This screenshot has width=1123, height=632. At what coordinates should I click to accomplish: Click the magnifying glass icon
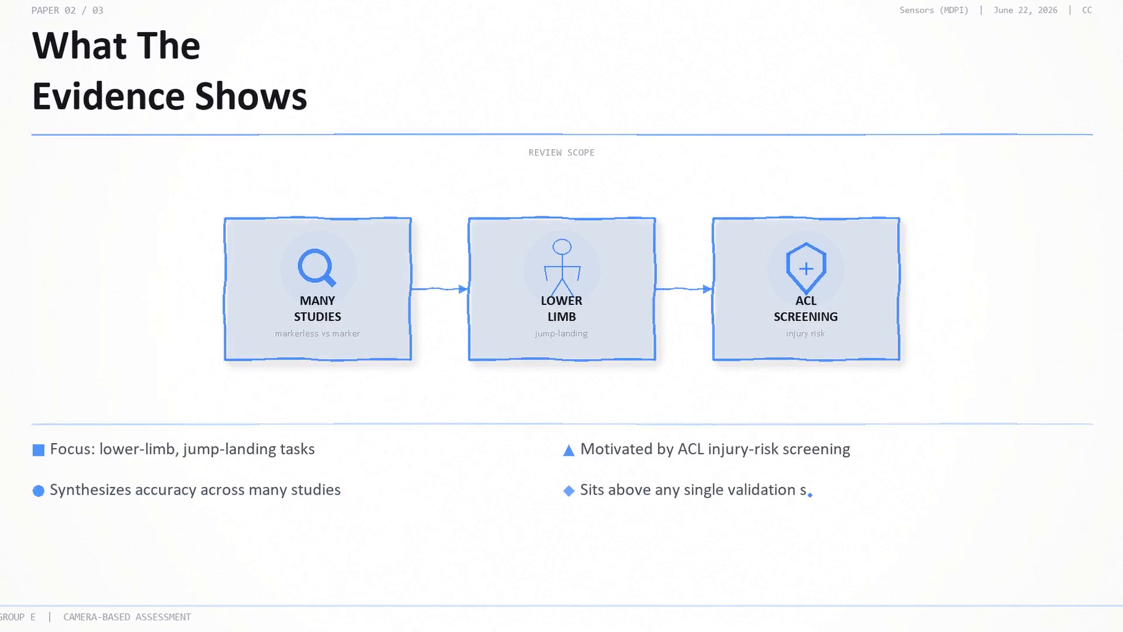click(x=316, y=267)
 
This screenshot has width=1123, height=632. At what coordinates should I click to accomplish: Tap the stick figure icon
click(x=562, y=267)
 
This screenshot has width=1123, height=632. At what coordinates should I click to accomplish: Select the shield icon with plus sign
click(x=806, y=268)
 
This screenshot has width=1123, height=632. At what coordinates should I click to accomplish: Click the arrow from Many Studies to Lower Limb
click(x=439, y=288)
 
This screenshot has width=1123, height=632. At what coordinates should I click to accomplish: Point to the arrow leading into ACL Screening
click(x=684, y=288)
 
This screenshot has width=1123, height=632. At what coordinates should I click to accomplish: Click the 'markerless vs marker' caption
click(x=318, y=334)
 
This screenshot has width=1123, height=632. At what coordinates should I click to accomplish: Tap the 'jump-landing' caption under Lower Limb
click(x=561, y=334)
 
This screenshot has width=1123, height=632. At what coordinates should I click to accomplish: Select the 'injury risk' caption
click(x=805, y=334)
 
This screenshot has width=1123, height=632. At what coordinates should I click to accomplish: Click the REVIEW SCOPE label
click(x=561, y=153)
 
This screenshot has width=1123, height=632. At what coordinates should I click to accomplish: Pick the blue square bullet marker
click(x=39, y=450)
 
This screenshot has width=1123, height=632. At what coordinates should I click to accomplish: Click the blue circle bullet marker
click(x=39, y=491)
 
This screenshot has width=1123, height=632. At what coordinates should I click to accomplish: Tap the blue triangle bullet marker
click(x=569, y=450)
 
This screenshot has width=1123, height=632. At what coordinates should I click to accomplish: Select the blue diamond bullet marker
click(x=569, y=491)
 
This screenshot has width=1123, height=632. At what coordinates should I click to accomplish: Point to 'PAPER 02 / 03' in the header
click(x=67, y=10)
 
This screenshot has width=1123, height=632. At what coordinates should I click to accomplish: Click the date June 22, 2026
click(x=1025, y=10)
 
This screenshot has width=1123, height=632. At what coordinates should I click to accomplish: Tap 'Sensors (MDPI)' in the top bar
click(x=934, y=10)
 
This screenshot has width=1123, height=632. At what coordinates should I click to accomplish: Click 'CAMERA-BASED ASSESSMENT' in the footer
click(x=127, y=617)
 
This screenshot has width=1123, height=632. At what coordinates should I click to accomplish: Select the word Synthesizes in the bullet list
click(x=91, y=490)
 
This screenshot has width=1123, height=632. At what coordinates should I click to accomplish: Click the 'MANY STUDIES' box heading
click(x=318, y=308)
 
